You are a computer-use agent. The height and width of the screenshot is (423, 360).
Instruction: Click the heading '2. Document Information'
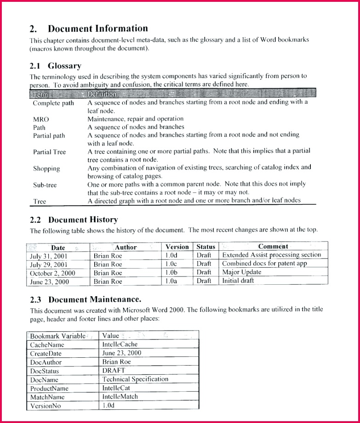(89, 29)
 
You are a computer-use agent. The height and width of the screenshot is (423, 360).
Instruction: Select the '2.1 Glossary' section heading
(56, 66)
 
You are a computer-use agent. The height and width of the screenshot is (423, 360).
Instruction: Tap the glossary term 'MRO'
(41, 119)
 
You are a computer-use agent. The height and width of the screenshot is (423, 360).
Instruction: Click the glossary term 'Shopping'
(46, 169)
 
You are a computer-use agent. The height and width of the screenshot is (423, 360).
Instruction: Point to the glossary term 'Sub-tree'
(45, 185)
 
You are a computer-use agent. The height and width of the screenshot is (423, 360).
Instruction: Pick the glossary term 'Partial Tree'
(49, 152)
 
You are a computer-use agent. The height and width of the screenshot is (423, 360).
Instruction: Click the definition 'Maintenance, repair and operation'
(136, 119)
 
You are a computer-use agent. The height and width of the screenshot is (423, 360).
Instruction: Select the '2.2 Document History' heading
(74, 220)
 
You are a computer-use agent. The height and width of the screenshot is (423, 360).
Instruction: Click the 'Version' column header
(177, 247)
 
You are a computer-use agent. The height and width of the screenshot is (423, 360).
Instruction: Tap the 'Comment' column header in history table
(273, 247)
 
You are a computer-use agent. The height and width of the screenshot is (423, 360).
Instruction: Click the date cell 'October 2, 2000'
(52, 272)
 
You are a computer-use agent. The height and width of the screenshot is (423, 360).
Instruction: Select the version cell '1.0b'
(171, 272)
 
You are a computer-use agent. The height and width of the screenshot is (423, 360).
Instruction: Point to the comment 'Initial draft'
(238, 281)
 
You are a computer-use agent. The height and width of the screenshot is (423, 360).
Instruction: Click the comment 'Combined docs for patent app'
(264, 264)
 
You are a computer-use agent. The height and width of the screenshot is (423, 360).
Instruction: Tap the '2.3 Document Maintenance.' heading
(86, 299)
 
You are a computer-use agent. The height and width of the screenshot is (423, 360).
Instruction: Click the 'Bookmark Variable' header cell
(57, 336)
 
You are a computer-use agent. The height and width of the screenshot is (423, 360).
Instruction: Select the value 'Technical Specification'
(135, 379)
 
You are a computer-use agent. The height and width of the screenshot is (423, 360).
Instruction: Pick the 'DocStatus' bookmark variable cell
(45, 371)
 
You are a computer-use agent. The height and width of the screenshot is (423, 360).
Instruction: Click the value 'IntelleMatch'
(120, 397)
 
